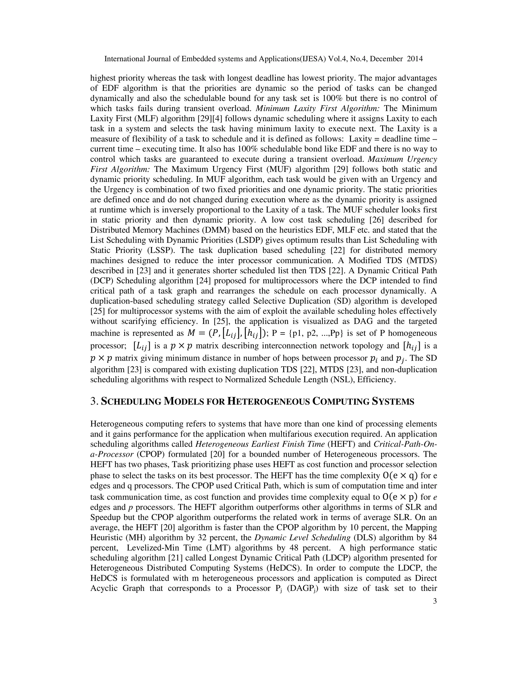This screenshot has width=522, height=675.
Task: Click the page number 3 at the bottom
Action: [435, 601]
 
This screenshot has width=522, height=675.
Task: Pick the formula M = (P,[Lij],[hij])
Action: [227, 333]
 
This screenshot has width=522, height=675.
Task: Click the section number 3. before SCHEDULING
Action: [94, 401]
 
